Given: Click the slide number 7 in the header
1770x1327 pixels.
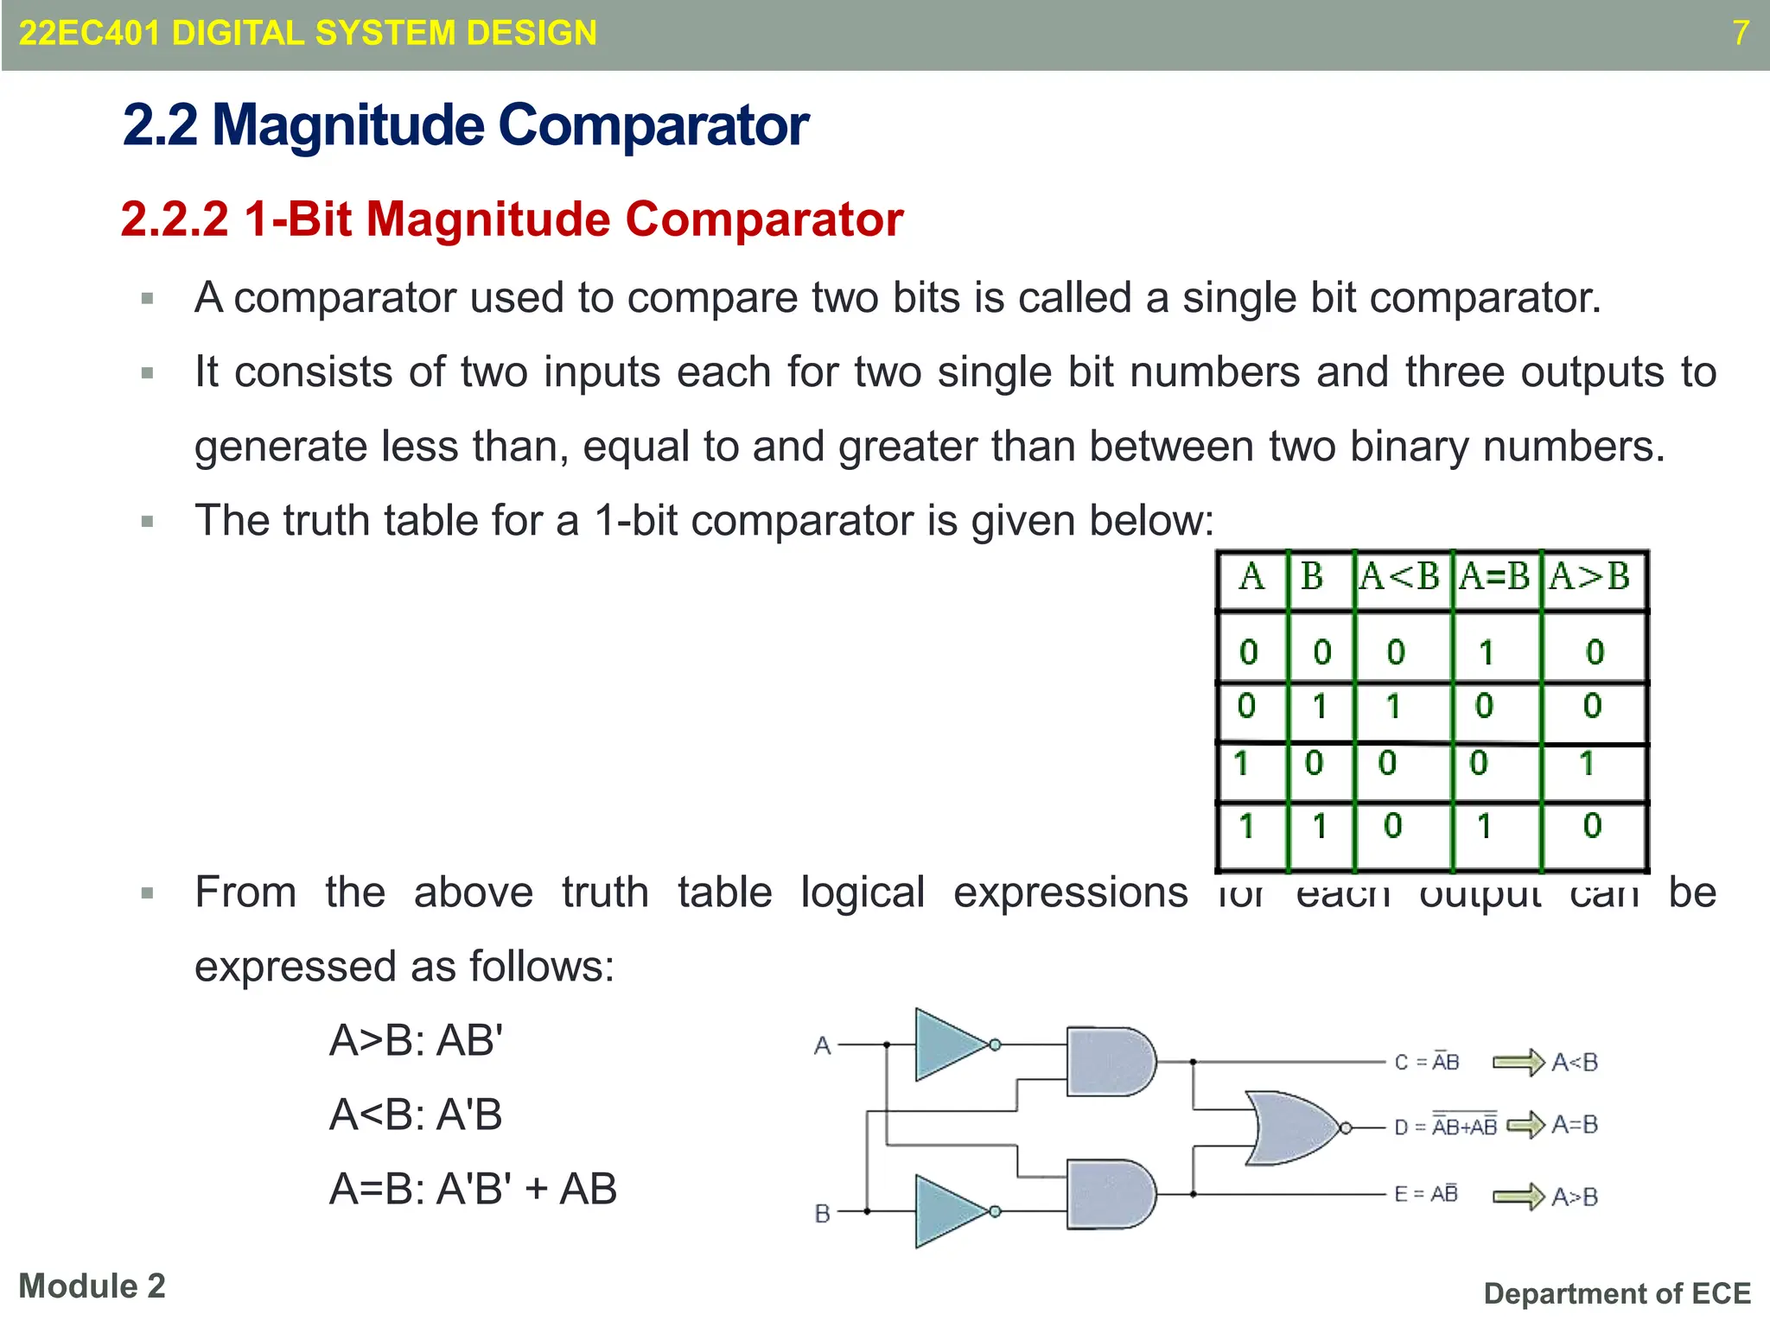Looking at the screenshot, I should [x=1740, y=33].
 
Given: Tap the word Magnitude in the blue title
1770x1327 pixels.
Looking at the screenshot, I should [x=348, y=125].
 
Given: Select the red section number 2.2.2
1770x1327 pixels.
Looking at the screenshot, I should [x=175, y=219].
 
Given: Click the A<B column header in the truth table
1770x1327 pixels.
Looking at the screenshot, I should [x=1399, y=576].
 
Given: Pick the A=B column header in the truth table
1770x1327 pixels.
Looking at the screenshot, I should [x=1494, y=576].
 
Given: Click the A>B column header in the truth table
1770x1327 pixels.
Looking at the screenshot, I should [x=1589, y=576].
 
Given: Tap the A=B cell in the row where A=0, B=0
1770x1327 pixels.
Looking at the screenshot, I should [x=1486, y=652].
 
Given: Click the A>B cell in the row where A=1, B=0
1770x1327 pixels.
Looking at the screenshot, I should [x=1587, y=764].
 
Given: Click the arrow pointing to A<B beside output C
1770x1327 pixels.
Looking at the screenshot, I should [x=1519, y=1062].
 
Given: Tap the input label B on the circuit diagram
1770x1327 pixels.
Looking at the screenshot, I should [x=822, y=1214].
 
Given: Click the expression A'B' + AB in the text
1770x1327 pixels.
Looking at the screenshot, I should [x=526, y=1189].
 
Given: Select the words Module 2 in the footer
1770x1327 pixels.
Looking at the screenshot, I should [x=92, y=1286].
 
